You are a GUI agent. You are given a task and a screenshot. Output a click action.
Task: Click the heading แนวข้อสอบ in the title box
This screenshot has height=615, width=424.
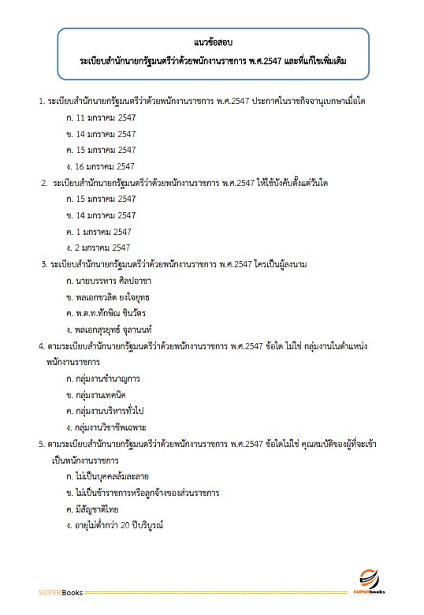pyautogui.click(x=213, y=42)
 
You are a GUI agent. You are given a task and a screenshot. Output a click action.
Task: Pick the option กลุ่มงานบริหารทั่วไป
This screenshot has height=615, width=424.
pyautogui.click(x=106, y=412)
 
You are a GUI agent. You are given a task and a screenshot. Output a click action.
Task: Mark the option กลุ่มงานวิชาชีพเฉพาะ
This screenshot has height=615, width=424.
pyautogui.click(x=106, y=428)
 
